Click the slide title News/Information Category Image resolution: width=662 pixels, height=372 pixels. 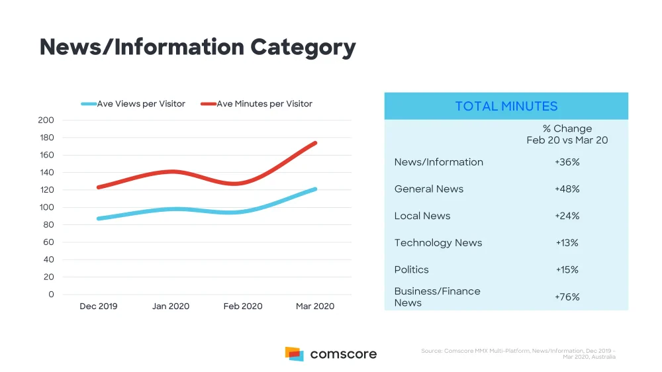click(x=197, y=47)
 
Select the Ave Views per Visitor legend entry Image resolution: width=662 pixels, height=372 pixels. click(x=133, y=104)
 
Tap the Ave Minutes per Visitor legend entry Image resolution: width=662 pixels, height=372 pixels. click(x=257, y=104)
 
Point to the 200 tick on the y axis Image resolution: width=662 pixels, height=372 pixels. click(x=46, y=120)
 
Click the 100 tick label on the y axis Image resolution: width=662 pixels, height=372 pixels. click(x=46, y=207)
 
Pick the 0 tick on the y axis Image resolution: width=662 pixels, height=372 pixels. click(x=51, y=295)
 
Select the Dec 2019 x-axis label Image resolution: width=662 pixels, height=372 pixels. click(x=99, y=306)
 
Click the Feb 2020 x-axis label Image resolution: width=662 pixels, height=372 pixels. click(x=243, y=306)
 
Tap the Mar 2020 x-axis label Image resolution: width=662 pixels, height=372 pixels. click(x=315, y=306)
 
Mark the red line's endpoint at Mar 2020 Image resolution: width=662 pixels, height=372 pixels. click(x=315, y=143)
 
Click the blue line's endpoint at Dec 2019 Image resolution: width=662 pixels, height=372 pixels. click(x=99, y=218)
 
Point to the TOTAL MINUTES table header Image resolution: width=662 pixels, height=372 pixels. click(x=506, y=106)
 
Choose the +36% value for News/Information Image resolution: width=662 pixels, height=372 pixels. click(x=567, y=162)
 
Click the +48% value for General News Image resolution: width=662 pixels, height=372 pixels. click(x=567, y=189)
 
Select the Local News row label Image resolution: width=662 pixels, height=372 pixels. click(x=422, y=216)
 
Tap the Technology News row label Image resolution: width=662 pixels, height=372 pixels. click(x=438, y=243)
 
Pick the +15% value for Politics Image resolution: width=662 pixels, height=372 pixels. click(x=567, y=270)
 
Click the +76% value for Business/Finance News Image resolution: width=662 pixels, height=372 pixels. click(x=567, y=297)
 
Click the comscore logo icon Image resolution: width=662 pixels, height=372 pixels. click(x=295, y=354)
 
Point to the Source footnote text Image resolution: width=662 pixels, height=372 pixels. click(x=518, y=354)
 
